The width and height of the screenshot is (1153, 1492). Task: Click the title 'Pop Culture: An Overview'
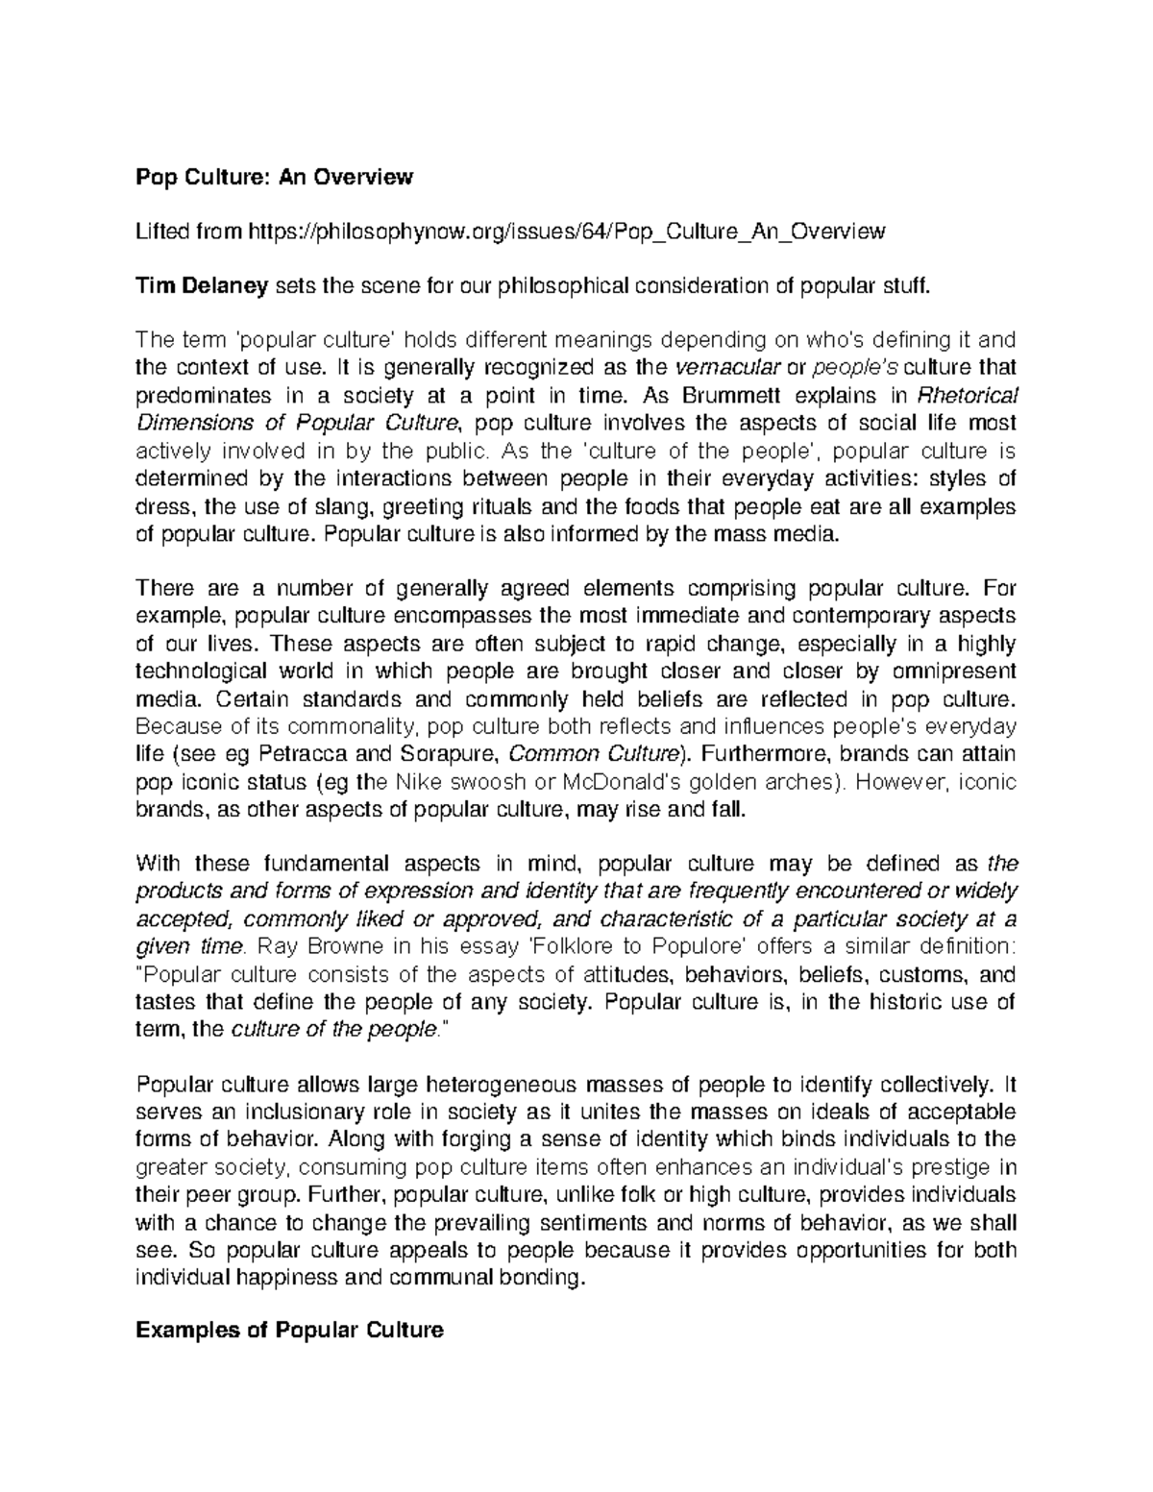coord(274,177)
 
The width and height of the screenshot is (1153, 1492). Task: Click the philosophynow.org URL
coord(566,232)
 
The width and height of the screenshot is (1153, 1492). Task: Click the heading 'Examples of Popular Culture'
coord(289,1331)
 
